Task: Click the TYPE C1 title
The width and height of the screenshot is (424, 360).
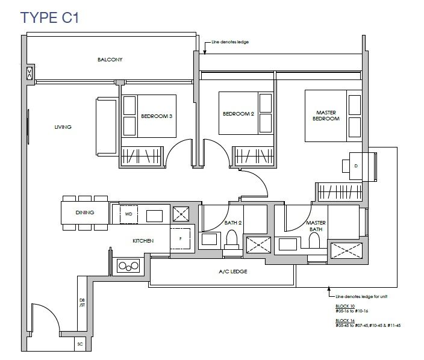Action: pyautogui.click(x=49, y=17)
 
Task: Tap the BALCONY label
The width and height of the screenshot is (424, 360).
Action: pyautogui.click(x=110, y=60)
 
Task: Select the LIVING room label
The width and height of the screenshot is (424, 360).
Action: pyautogui.click(x=63, y=127)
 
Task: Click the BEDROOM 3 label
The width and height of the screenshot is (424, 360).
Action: pyautogui.click(x=157, y=116)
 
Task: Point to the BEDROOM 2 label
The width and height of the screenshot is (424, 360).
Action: pyautogui.click(x=238, y=114)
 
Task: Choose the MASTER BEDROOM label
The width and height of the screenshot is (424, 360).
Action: pyautogui.click(x=326, y=116)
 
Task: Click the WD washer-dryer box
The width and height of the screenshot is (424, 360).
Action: pyautogui.click(x=129, y=214)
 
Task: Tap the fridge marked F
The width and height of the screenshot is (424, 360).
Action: pyautogui.click(x=180, y=238)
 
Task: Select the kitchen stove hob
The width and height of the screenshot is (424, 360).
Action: pyautogui.click(x=128, y=266)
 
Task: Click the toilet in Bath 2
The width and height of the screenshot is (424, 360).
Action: pyautogui.click(x=231, y=240)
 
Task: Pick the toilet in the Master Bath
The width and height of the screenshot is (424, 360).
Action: pyautogui.click(x=314, y=240)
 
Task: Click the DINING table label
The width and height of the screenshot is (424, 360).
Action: pyautogui.click(x=85, y=213)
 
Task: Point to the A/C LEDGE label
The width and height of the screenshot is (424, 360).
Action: pyautogui.click(x=233, y=272)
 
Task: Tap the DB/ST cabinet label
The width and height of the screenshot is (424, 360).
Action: pyautogui.click(x=82, y=303)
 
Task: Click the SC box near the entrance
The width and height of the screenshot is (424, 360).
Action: pyautogui.click(x=80, y=344)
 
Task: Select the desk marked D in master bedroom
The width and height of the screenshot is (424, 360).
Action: pyautogui.click(x=356, y=166)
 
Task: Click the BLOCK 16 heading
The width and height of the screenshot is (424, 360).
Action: pyautogui.click(x=345, y=320)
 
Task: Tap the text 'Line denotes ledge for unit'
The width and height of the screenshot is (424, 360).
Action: pyautogui.click(x=361, y=296)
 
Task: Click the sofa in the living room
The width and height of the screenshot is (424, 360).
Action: pyautogui.click(x=107, y=126)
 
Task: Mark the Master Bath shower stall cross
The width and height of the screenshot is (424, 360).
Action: pyautogui.click(x=347, y=250)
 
